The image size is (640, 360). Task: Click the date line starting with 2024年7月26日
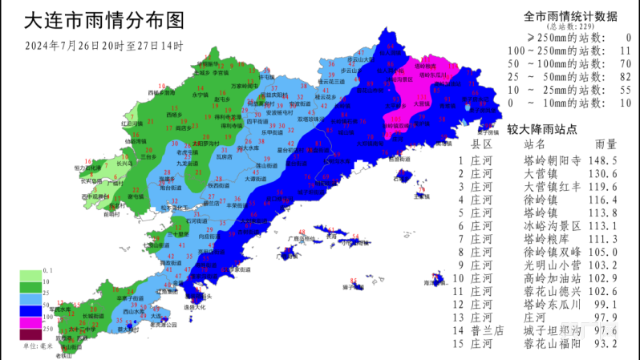[104, 45]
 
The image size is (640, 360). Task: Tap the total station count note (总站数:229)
[568, 26]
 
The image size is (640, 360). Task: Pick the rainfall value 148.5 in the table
[602, 160]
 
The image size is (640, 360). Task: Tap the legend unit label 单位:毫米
[36, 346]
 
